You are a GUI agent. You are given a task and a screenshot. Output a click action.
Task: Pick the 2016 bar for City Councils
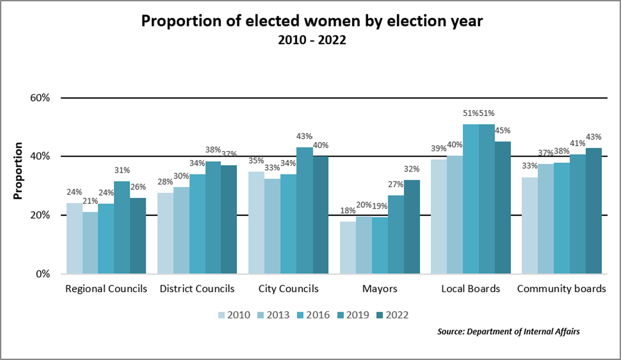click(288, 224)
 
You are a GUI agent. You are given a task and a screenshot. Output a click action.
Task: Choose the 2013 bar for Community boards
click(545, 219)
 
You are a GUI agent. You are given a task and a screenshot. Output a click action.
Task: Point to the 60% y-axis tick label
click(40, 98)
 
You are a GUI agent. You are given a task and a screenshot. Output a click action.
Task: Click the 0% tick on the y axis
click(42, 274)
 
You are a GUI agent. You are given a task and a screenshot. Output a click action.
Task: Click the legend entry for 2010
click(234, 315)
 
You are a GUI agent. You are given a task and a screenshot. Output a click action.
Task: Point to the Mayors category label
click(380, 289)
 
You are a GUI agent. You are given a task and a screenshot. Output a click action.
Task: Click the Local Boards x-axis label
click(471, 289)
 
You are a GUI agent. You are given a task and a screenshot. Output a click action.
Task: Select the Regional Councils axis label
click(106, 289)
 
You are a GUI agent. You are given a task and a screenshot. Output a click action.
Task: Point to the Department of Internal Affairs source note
click(509, 332)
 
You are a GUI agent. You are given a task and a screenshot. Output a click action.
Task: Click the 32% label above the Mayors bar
click(412, 169)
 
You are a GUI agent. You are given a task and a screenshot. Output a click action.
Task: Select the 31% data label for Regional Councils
click(122, 170)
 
